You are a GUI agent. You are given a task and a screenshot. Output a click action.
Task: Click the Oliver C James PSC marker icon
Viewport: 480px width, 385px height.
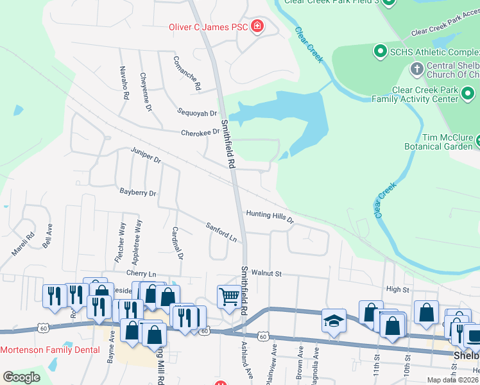point(257,26)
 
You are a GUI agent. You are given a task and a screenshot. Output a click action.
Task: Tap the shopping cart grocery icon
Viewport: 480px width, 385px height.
point(229,296)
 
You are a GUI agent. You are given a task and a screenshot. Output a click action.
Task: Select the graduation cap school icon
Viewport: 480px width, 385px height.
point(334,320)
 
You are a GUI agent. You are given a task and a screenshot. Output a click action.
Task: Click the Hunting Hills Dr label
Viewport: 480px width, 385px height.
point(270,216)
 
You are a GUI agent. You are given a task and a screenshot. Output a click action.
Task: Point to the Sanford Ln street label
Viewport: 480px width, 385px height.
point(221,232)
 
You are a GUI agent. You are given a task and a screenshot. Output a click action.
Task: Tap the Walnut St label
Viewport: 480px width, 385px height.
point(266,273)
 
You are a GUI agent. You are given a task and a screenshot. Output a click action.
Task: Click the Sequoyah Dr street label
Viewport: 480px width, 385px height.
point(198,113)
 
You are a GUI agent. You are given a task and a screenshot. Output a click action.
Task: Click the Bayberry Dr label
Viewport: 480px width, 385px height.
point(138,192)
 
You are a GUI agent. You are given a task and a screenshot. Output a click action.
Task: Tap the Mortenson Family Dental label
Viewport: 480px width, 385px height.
point(50,350)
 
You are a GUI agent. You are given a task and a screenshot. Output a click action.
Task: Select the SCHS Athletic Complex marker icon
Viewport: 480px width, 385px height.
point(379,50)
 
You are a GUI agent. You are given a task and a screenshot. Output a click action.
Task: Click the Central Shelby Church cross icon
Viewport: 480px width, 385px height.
point(416,67)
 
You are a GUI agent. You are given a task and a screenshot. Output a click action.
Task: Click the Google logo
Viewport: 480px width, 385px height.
point(21,377)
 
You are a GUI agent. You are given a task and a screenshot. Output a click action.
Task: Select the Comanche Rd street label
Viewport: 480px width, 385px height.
point(187,73)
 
